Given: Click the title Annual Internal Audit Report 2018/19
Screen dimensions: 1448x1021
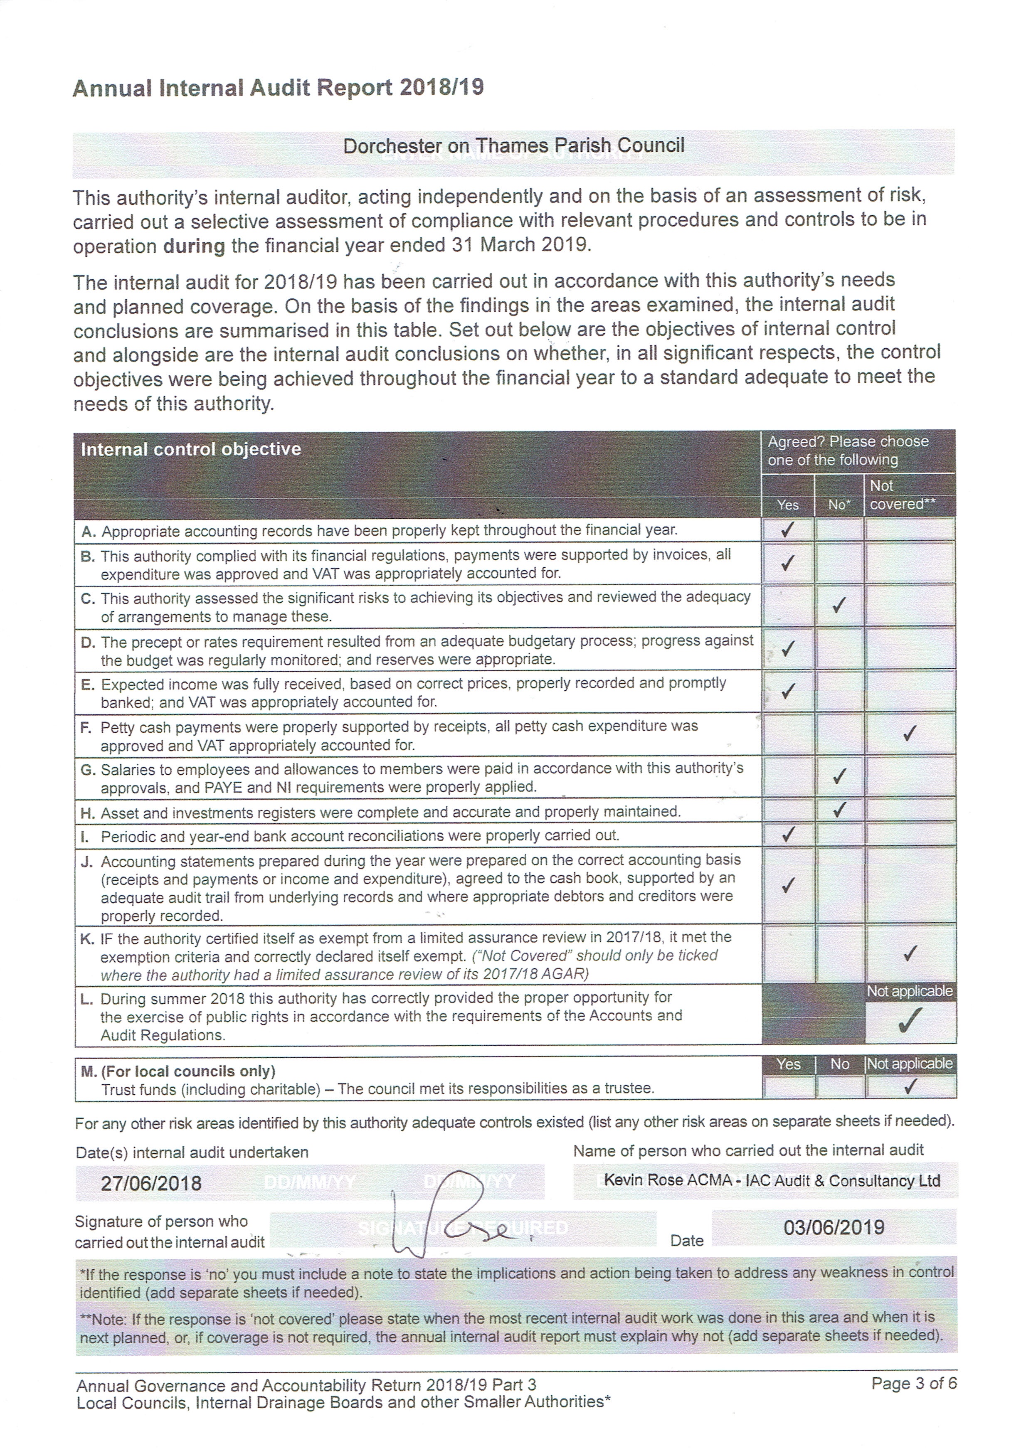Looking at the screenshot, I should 278,88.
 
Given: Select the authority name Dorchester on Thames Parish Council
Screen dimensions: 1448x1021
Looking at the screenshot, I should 513,146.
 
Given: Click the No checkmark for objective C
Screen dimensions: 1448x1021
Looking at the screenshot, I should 838,606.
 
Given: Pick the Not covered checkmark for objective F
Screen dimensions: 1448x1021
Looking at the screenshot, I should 909,734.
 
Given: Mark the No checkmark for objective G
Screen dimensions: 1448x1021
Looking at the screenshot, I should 838,776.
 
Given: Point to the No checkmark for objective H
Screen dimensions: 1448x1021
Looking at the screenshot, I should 838,809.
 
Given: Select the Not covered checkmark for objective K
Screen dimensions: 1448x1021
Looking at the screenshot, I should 909,953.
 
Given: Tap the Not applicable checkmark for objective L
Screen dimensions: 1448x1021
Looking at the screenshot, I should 909,1020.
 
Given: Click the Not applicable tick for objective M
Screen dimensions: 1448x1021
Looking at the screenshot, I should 909,1086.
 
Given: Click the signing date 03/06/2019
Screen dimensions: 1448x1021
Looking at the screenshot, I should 834,1227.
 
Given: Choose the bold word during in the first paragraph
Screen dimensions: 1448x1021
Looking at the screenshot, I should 194,245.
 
